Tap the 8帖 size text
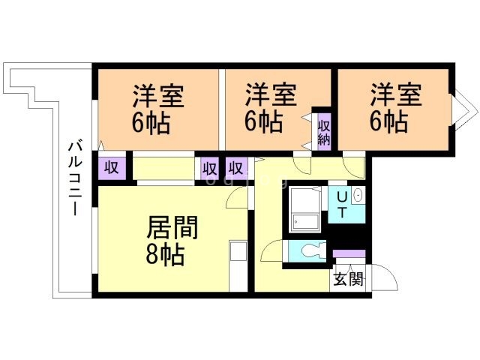[x=164, y=255]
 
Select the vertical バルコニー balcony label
[x=74, y=178]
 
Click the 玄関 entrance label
[x=348, y=280]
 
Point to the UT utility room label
[x=341, y=204]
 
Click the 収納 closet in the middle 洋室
[x=324, y=132]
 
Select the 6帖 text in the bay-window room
[x=389, y=120]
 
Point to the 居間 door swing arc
[x=238, y=196]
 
